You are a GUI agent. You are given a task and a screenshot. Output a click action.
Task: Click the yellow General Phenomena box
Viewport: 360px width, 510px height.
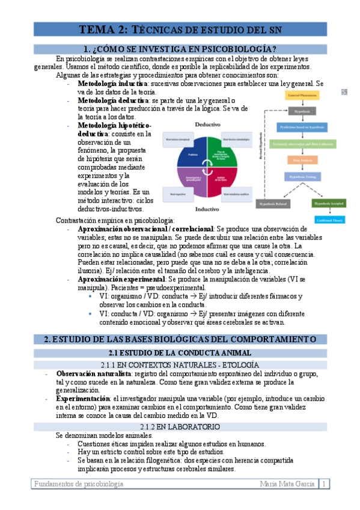pyautogui.click(x=302, y=95)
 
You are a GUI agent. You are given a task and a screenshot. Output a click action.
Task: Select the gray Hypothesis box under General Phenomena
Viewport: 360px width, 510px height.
pyautogui.click(x=302, y=111)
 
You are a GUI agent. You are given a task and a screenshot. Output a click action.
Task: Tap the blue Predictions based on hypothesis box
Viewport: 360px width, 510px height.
pyautogui.click(x=302, y=127)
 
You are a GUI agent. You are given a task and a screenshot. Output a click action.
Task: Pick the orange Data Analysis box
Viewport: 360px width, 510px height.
pyautogui.click(x=302, y=161)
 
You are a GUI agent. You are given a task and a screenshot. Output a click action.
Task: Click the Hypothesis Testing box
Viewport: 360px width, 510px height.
pyautogui.click(x=302, y=177)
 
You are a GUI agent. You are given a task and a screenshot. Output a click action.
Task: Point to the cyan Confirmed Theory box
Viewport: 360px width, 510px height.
pyautogui.click(x=329, y=220)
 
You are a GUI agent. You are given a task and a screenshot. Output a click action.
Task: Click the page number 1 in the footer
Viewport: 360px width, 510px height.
pyautogui.click(x=324, y=483)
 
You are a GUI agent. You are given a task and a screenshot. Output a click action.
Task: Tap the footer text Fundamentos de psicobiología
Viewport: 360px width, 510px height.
pyautogui.click(x=79, y=483)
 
